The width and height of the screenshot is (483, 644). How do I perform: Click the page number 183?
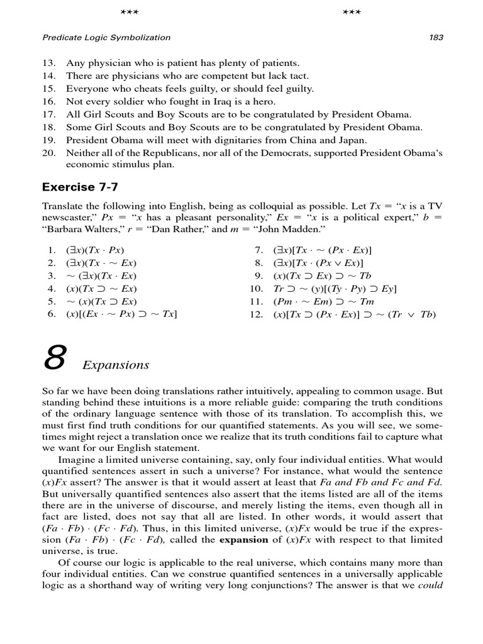(x=436, y=37)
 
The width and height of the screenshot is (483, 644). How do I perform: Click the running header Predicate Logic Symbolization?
(x=106, y=37)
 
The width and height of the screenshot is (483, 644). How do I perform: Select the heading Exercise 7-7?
(x=80, y=187)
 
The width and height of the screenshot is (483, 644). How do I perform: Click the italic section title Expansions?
(x=116, y=365)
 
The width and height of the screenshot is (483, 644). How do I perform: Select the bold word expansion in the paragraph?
(x=245, y=540)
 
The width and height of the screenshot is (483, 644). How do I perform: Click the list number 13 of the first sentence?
(x=49, y=63)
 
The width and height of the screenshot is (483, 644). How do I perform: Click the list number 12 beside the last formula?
(x=255, y=314)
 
